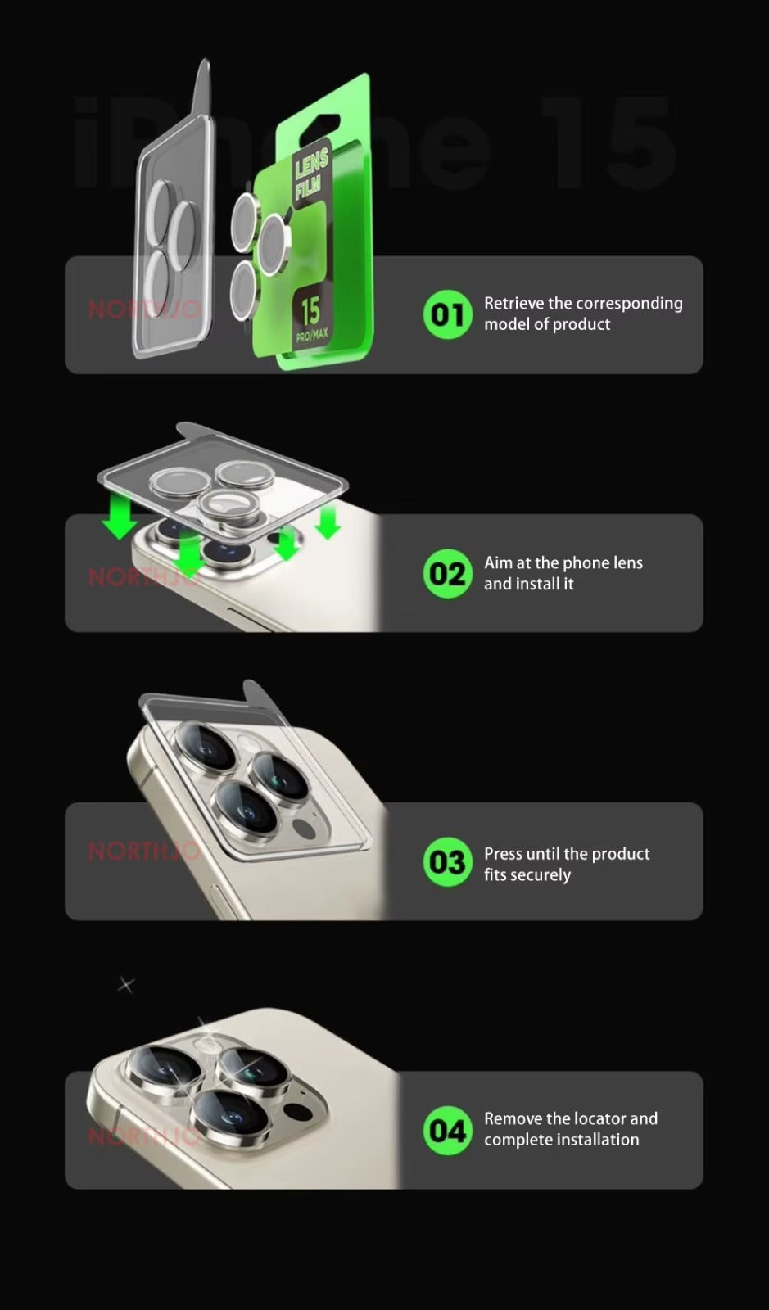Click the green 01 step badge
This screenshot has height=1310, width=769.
click(x=447, y=314)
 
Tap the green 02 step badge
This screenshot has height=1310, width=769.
click(x=447, y=574)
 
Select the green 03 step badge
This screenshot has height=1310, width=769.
click(x=447, y=862)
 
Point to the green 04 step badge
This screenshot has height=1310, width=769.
click(x=447, y=1131)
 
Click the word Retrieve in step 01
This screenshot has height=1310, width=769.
click(x=513, y=303)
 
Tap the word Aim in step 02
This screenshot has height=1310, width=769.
click(x=498, y=562)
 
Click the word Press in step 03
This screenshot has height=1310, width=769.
click(x=503, y=853)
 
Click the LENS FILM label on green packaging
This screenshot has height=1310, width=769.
click(x=311, y=175)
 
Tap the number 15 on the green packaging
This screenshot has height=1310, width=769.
click(x=310, y=311)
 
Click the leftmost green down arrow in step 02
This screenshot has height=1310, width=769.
click(x=120, y=518)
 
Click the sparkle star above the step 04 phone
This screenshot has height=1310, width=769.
click(x=125, y=984)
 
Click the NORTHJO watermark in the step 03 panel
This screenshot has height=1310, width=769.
click(x=144, y=851)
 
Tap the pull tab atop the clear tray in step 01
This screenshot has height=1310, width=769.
click(x=201, y=90)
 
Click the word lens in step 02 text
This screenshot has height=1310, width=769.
click(x=627, y=562)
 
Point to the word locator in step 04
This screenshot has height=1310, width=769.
click(x=599, y=1118)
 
